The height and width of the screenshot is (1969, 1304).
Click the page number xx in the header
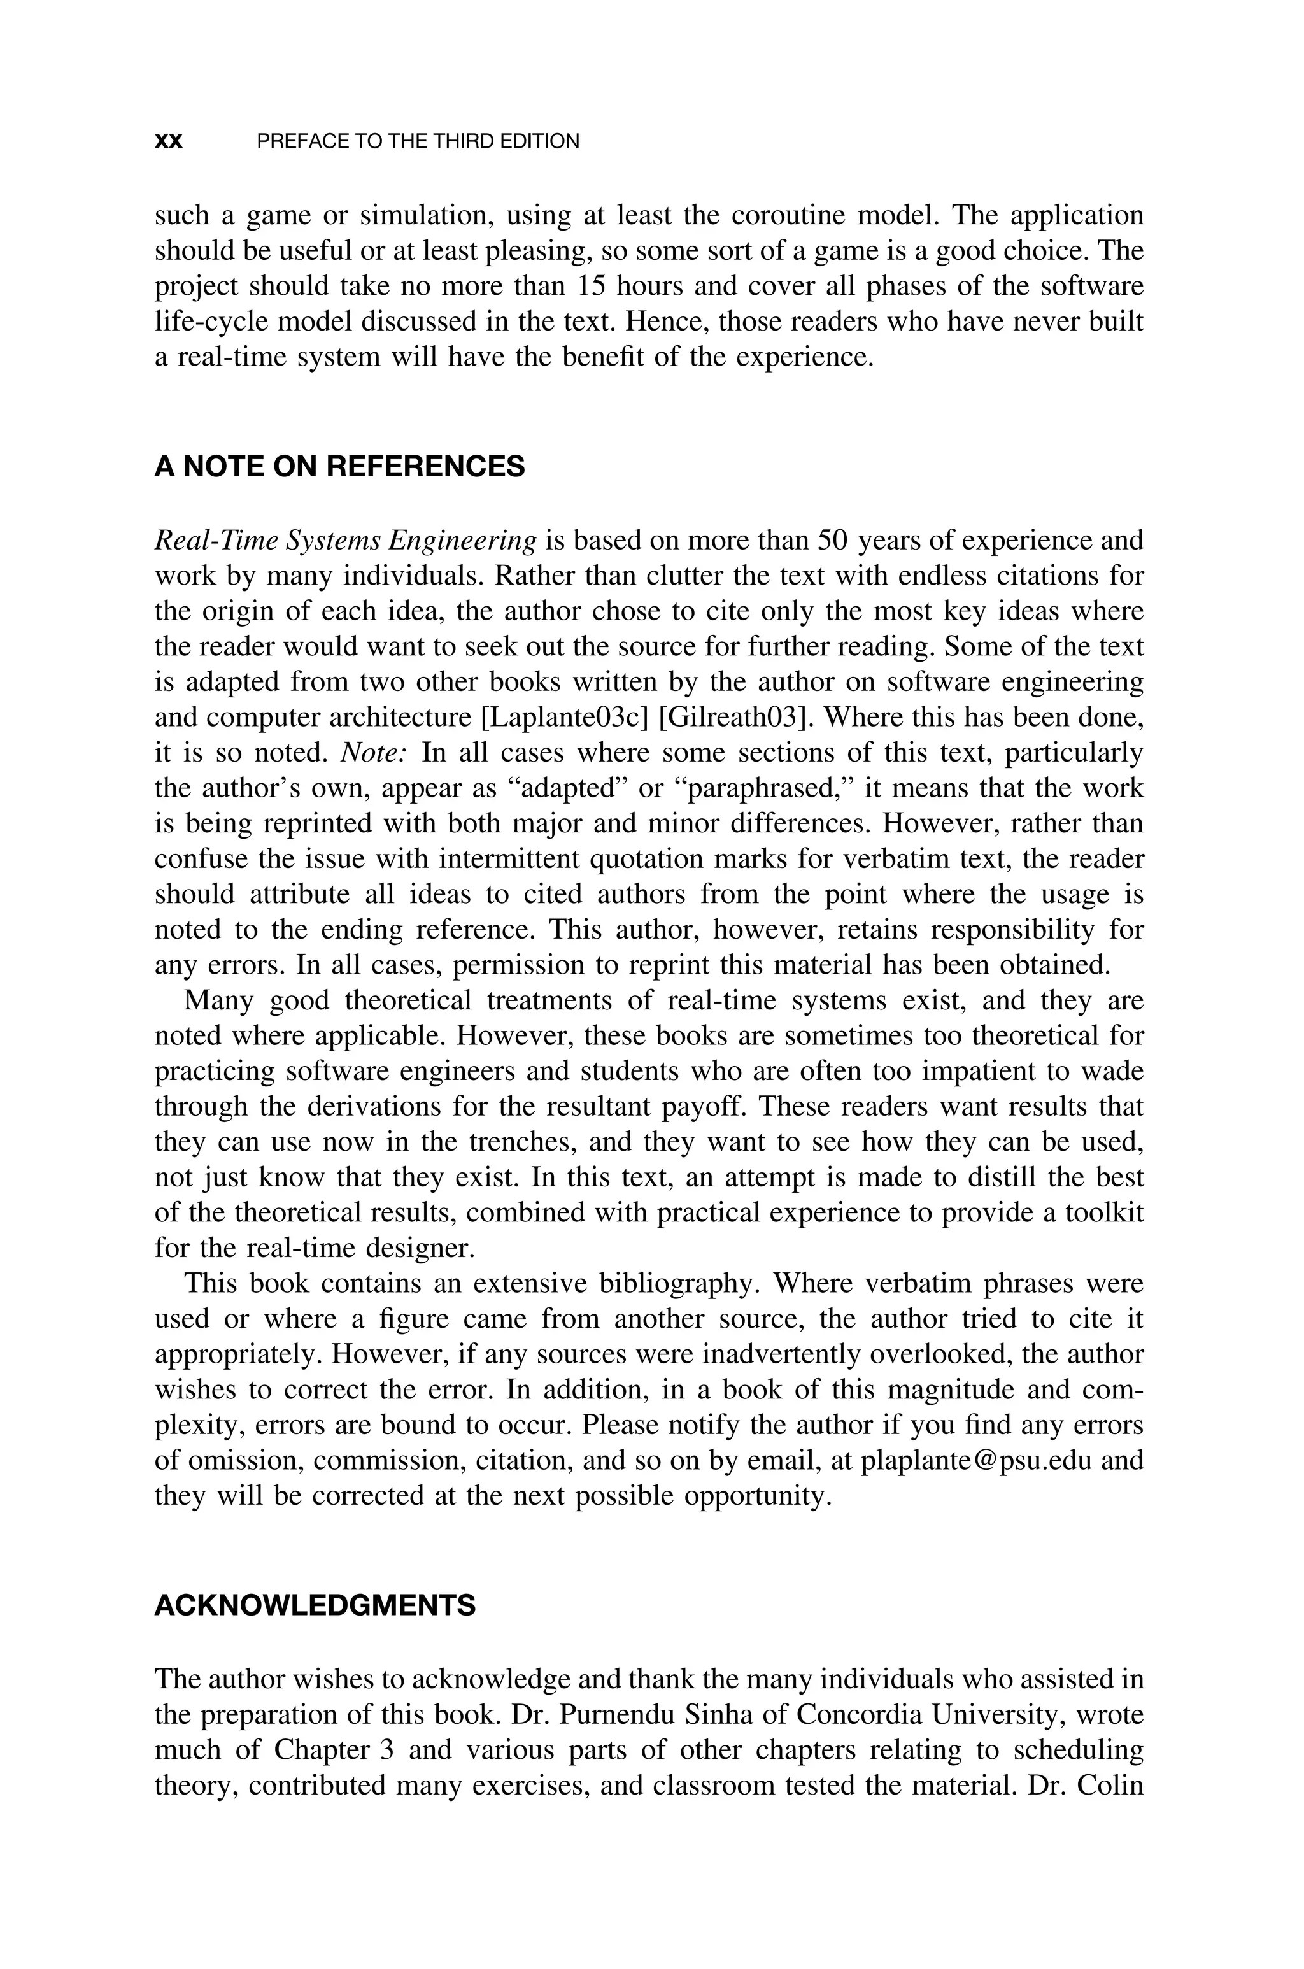(169, 141)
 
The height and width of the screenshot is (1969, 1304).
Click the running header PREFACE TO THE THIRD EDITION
(418, 141)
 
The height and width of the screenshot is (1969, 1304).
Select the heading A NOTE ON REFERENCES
(339, 467)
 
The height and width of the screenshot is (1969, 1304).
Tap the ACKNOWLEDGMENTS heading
(315, 1605)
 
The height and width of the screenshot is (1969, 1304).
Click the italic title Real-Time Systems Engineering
(345, 541)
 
